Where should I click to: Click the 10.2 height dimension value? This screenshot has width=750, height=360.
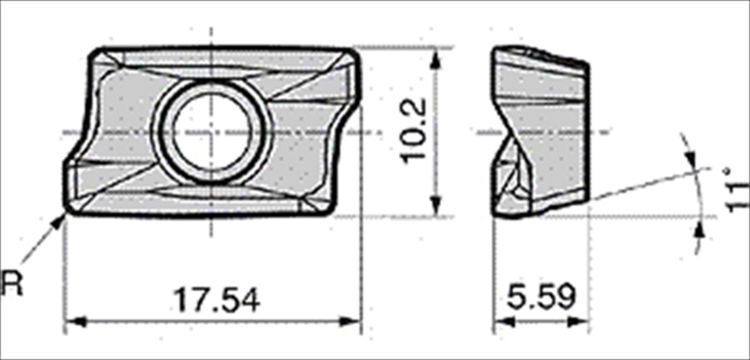point(415,131)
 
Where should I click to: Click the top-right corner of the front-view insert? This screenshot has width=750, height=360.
point(356,52)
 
